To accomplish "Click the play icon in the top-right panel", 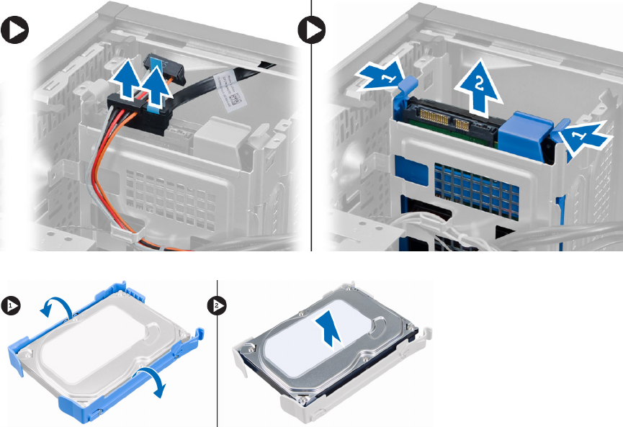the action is (312, 30).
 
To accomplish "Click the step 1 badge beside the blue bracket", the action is (11, 305).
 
